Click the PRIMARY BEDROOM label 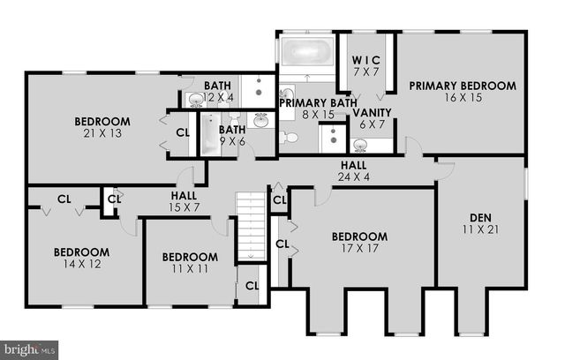(x=462, y=86)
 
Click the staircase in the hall (x=251, y=226)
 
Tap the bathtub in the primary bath (x=305, y=49)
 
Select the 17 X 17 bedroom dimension (x=359, y=250)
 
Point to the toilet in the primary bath (x=289, y=137)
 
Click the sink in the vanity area (x=361, y=145)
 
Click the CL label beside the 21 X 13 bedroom (x=183, y=132)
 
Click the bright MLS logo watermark (x=29, y=349)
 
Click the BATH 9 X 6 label (x=232, y=134)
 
